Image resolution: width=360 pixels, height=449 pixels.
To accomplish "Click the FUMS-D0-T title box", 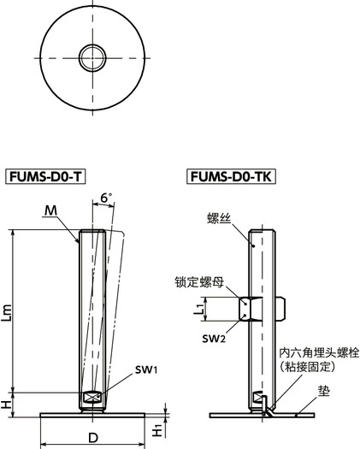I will [x=46, y=177].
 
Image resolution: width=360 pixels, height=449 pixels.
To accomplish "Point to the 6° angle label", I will [x=107, y=198].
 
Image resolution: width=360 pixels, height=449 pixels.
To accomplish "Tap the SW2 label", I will [x=215, y=340].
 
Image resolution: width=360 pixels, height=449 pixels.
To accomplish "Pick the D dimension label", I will [x=93, y=439].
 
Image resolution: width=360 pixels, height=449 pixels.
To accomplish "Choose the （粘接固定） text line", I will [x=315, y=366].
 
